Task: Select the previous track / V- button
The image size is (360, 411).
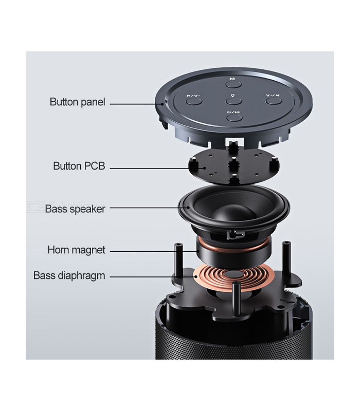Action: pyautogui.click(x=194, y=100)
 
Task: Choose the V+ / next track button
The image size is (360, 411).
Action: pyautogui.click(x=272, y=100)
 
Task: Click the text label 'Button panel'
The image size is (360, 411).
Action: pyautogui.click(x=77, y=102)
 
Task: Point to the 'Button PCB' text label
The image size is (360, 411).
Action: pyautogui.click(x=79, y=166)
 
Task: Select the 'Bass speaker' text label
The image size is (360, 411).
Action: pyautogui.click(x=75, y=209)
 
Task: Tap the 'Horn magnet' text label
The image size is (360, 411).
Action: pyautogui.click(x=76, y=250)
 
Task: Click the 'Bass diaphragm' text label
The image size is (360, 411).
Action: pyautogui.click(x=69, y=275)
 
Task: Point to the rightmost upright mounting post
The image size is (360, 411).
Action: pyautogui.click(x=286, y=257)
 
